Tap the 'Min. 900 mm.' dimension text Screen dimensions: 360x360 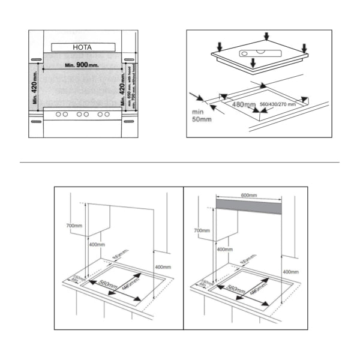point(80,64)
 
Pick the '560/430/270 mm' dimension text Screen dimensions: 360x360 point(277,104)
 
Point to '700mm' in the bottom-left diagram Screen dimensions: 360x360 point(74,226)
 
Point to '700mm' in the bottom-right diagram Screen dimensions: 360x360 point(202,230)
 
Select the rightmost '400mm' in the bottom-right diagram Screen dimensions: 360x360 point(290,272)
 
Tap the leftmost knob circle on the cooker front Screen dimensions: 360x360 point(58,114)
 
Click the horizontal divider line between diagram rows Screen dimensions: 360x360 point(180,162)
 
